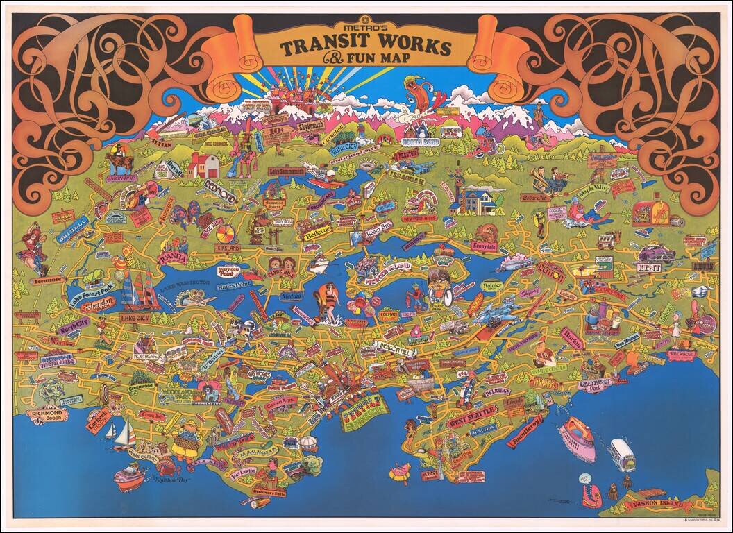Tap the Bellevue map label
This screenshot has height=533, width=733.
click(317, 232)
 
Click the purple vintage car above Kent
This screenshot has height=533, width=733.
click(656, 254)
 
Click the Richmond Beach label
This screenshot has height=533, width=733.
click(47, 414)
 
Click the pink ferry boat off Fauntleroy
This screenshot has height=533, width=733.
click(578, 439)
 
